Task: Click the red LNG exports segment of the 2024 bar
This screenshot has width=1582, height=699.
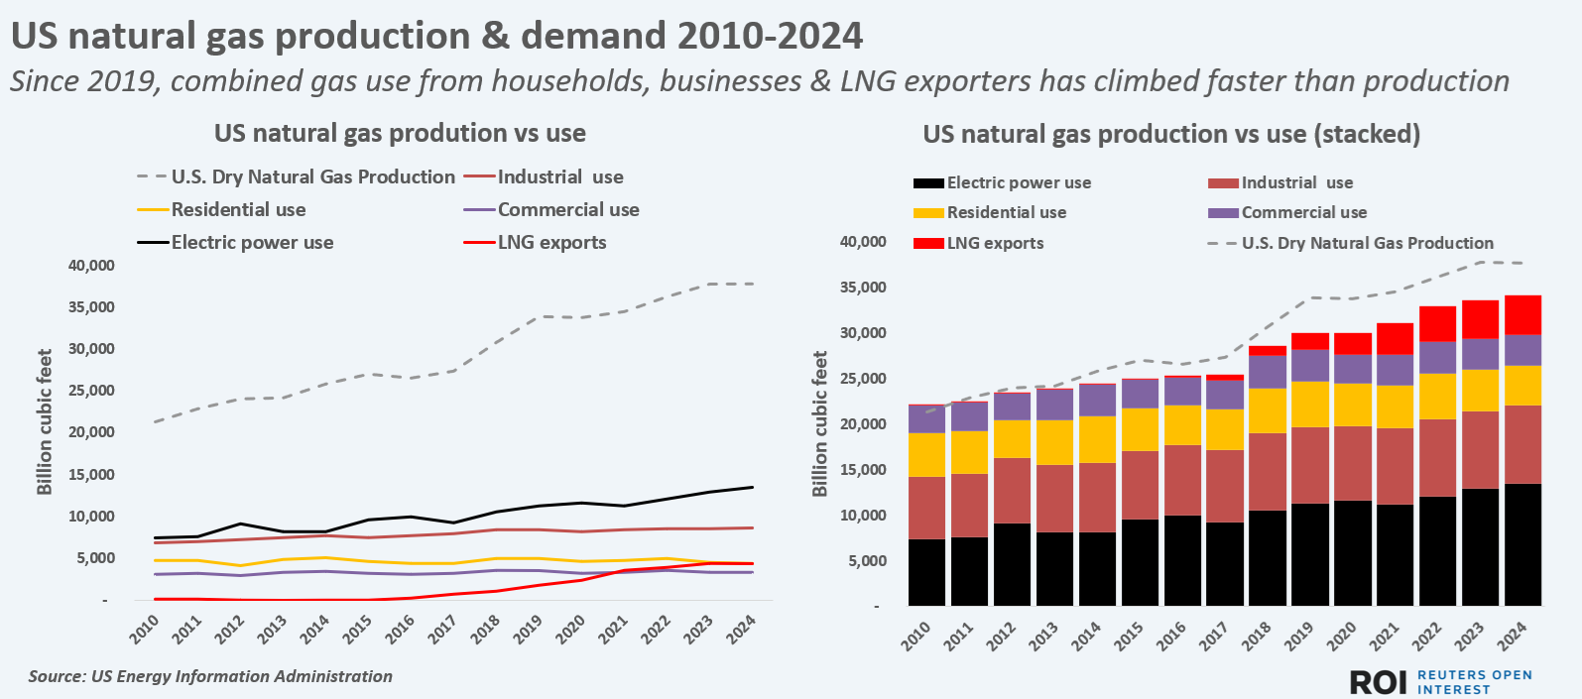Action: click(x=1522, y=314)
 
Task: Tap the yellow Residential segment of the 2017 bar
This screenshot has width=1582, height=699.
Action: click(x=1225, y=429)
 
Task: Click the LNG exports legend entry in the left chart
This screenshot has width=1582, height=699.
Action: click(x=551, y=243)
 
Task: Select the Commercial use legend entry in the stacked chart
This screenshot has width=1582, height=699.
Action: click(x=1303, y=212)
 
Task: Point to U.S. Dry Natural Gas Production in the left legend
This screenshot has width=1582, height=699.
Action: click(x=312, y=177)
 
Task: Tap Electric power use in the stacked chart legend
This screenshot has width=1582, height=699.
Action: click(x=1019, y=182)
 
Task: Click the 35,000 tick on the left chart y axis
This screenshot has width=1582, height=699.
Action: click(x=91, y=307)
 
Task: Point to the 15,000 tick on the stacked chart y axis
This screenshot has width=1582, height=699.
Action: click(x=863, y=470)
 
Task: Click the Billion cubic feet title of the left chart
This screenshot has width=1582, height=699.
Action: click(x=45, y=421)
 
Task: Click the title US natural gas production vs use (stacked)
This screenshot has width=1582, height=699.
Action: click(x=1171, y=134)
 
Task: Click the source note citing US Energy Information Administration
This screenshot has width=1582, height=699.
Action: click(x=210, y=676)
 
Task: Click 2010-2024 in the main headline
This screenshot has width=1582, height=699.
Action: click(x=770, y=37)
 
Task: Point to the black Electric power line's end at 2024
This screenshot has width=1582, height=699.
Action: click(x=753, y=487)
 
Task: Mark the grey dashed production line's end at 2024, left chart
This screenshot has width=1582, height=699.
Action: click(x=753, y=284)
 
